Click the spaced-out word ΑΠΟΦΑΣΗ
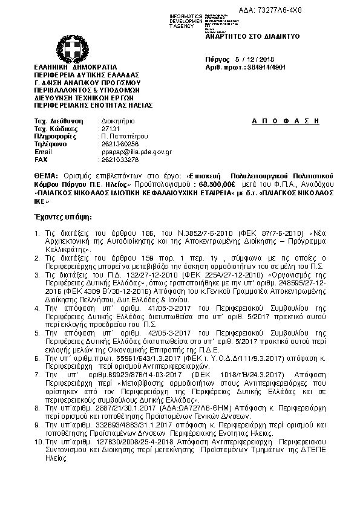(284, 121)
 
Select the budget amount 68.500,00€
(218, 183)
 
